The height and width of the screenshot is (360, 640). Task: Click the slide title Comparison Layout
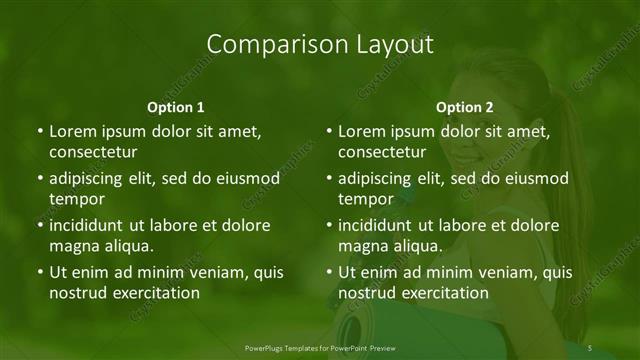click(320, 44)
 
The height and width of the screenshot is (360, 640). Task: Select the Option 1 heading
click(175, 106)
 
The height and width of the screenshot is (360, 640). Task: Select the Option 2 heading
click(465, 106)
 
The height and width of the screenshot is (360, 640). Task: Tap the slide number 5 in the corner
click(591, 347)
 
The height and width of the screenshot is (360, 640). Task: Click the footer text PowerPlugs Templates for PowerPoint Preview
click(320, 347)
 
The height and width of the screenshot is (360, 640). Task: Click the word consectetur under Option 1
click(93, 152)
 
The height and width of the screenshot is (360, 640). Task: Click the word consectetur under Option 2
click(382, 152)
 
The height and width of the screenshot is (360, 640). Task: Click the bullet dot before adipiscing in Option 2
click(328, 179)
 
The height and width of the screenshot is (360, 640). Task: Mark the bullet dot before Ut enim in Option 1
click(39, 272)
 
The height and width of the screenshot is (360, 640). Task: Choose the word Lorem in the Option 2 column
click(361, 131)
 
